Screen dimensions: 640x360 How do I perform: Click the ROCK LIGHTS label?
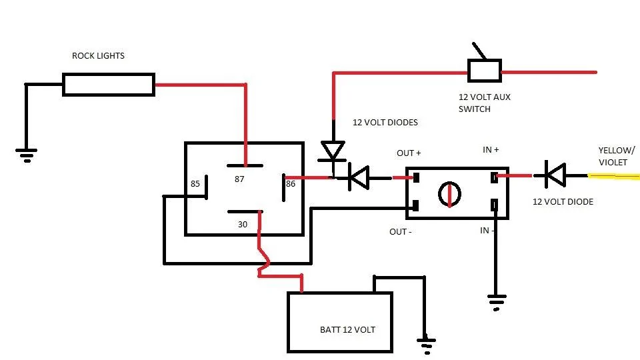coord(98,55)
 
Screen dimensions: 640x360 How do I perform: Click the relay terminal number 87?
coord(239,179)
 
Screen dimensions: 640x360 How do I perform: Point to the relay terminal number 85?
coord(195,184)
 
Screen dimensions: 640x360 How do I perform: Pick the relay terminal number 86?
coord(290,184)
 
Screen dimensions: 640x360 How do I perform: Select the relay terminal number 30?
coord(243,225)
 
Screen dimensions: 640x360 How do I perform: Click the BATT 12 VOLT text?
coord(347,330)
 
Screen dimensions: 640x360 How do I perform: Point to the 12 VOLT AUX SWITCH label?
coord(484,103)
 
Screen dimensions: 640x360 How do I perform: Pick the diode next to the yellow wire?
coord(555,175)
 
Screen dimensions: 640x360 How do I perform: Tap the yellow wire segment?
coord(613,176)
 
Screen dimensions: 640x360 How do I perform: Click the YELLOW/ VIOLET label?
coord(616,156)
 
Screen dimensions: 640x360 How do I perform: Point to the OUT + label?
coord(409,153)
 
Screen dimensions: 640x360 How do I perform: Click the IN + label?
coord(491,150)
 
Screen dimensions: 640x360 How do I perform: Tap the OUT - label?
coord(400,232)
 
